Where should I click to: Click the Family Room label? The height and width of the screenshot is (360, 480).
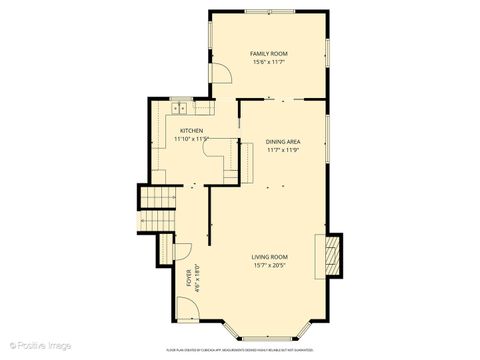click(x=269, y=53)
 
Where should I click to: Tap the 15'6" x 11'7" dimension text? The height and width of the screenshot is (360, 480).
click(x=269, y=62)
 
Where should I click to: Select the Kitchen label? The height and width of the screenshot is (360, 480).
click(x=191, y=131)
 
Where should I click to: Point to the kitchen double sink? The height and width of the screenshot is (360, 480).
click(x=181, y=108)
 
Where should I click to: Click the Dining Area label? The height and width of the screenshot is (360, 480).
click(x=283, y=141)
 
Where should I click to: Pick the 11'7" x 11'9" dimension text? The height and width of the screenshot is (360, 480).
click(x=283, y=150)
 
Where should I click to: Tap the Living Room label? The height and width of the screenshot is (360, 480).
click(x=270, y=257)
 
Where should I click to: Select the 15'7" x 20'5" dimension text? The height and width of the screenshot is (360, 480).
click(x=270, y=266)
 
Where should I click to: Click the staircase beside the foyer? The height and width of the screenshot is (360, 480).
click(x=157, y=212)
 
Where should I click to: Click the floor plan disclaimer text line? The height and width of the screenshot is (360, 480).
click(x=240, y=349)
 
